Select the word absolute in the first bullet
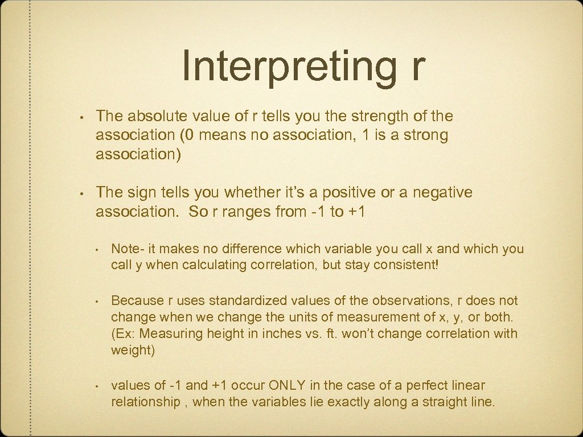150,116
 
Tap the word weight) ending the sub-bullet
133,349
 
